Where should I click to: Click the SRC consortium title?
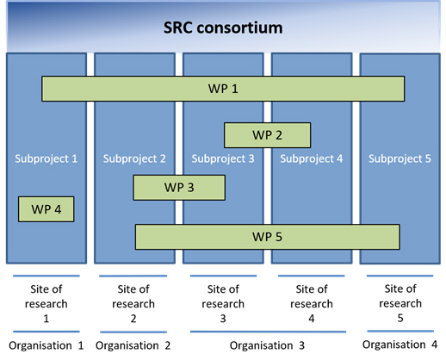pos(223,28)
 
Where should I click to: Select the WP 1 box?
pos(223,89)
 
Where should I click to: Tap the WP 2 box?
pos(267,135)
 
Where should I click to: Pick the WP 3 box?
pos(179,188)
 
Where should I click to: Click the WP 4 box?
pos(46,209)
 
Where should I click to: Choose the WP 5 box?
pos(268,237)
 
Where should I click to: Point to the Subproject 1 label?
pos(46,158)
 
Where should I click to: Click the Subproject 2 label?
pos(134,158)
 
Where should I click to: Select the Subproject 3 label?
pos(223,158)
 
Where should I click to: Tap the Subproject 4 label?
pos(312,158)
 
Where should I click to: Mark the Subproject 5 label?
pos(400,158)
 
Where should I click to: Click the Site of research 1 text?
pos(46,304)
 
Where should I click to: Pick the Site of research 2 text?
pos(133,304)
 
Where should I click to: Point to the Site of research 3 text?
pos(223,304)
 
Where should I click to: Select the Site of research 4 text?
pos(312,304)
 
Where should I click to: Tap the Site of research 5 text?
pos(400,303)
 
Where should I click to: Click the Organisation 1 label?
pos(46,345)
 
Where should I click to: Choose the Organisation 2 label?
pos(133,345)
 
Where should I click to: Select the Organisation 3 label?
pos(267,345)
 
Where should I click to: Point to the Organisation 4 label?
pos(400,344)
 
